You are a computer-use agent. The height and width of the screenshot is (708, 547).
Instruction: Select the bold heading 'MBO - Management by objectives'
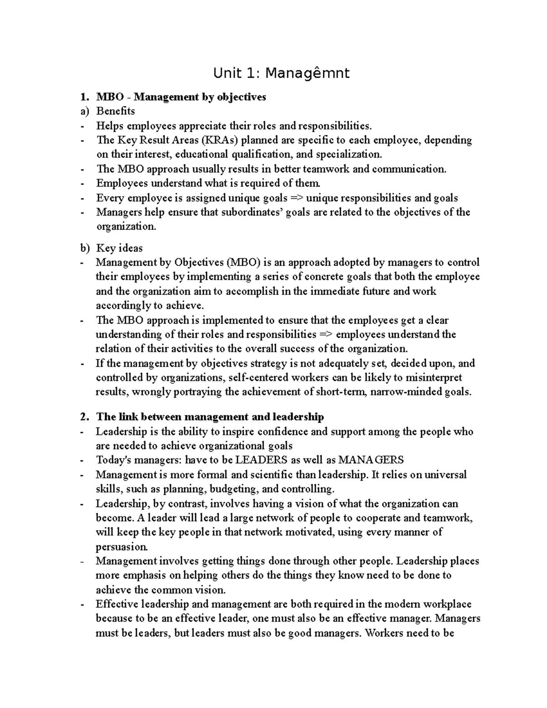pos(181,97)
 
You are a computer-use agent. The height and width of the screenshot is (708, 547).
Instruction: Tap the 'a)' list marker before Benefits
pos(84,111)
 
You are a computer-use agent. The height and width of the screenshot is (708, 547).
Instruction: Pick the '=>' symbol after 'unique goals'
pos(297,198)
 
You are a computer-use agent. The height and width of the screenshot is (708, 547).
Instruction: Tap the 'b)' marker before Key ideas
pos(85,248)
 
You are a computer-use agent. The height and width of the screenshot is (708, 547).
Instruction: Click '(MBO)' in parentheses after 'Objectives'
pos(243,263)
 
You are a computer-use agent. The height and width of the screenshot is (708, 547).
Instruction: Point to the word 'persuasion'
pos(121,547)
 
